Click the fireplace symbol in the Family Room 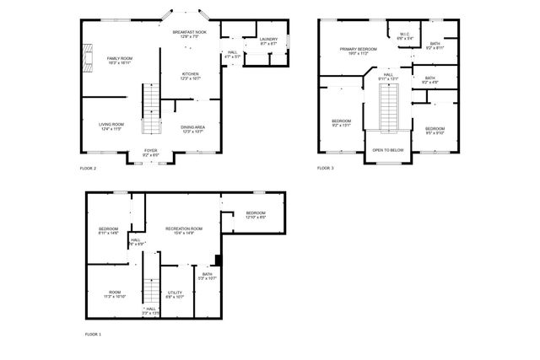point(88,58)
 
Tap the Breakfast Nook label point(191,35)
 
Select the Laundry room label point(269,41)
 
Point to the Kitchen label point(191,76)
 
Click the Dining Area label point(192,129)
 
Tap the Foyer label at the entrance point(151,153)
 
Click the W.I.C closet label point(405,36)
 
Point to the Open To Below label point(387,150)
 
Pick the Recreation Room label point(184,231)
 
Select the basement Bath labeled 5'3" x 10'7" point(208,276)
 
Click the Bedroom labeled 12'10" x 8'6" point(256,215)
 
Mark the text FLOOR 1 point(93,335)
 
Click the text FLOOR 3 point(326,169)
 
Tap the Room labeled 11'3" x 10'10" point(114,294)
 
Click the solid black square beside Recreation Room point(219,259)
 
